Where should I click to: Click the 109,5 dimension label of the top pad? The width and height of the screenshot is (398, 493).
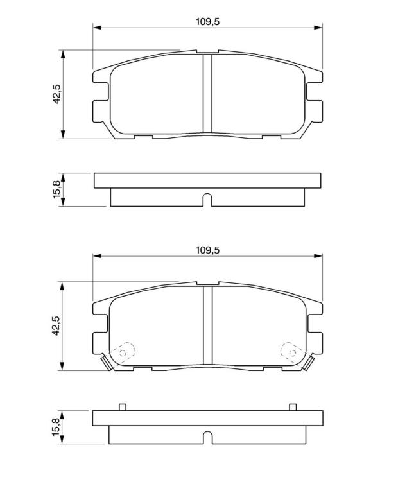[x=207, y=22]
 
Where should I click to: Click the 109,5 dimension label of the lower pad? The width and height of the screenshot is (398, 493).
[x=207, y=250]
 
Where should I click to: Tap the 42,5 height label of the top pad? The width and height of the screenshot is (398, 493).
[x=57, y=94]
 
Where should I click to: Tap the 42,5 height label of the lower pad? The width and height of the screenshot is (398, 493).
[x=57, y=325]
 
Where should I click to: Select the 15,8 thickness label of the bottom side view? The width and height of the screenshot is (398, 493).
[x=57, y=427]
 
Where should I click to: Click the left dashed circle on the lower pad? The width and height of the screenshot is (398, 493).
[x=123, y=353]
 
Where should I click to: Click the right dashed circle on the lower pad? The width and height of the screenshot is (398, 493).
[x=292, y=352]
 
